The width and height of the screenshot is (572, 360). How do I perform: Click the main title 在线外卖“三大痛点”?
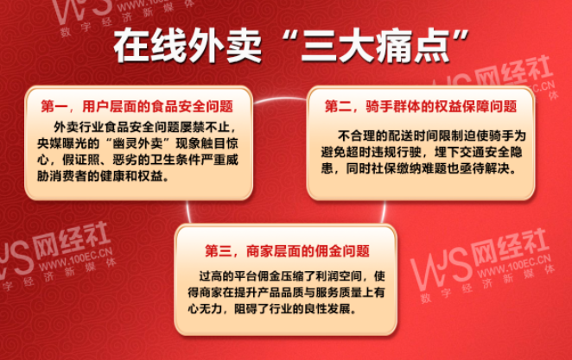point(290,47)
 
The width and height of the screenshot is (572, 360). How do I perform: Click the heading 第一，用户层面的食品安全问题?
point(137,106)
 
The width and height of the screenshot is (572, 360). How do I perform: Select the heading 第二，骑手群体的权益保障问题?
point(421,106)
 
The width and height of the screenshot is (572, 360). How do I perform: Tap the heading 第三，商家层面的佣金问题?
point(287,250)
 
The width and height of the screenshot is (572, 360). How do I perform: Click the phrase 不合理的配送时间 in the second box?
point(388,136)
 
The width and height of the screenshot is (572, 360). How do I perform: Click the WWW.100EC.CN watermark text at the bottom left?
point(75,259)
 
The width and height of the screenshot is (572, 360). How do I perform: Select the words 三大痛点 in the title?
point(376,47)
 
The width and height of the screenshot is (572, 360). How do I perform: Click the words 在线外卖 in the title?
point(187,47)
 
